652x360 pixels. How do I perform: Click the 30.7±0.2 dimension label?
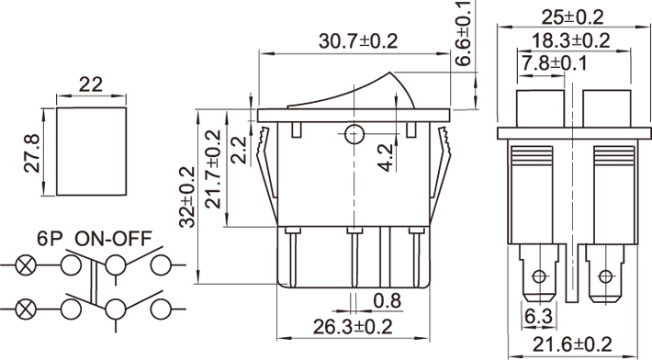358,41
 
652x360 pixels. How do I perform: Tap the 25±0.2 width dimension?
572,17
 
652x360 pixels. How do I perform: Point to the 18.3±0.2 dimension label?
571,40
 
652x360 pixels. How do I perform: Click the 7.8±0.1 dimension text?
554,63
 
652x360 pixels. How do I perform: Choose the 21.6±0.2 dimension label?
573,344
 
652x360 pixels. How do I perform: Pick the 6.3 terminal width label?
538,317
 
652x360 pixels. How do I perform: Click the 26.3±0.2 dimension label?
353,327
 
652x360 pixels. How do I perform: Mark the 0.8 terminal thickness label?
388,300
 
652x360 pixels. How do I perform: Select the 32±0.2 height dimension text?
187,197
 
